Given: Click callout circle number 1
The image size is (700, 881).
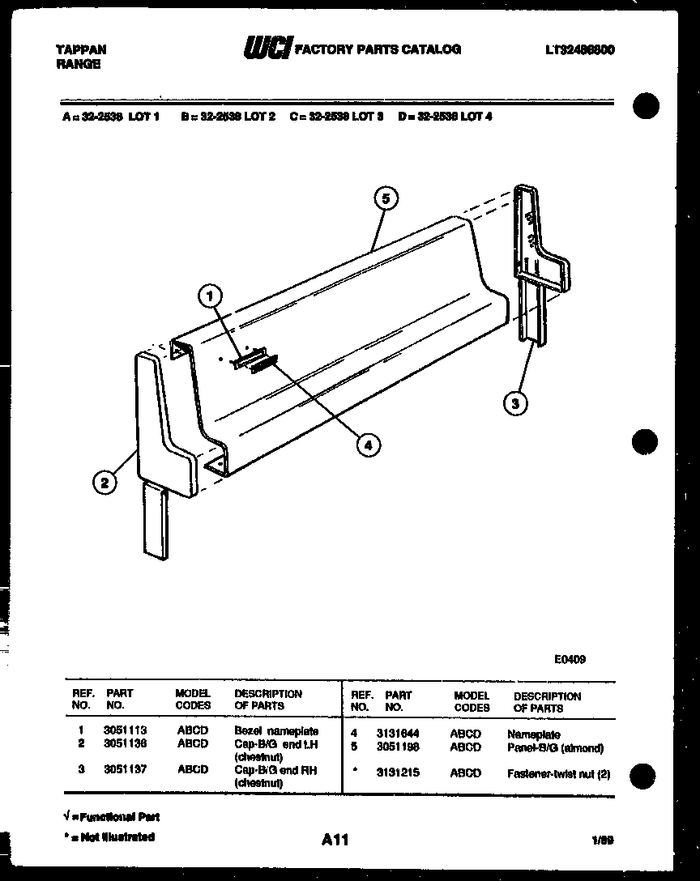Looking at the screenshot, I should [x=210, y=296].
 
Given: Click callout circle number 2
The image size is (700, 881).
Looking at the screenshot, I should [x=103, y=483].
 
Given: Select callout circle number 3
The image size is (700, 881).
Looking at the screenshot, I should [x=514, y=402].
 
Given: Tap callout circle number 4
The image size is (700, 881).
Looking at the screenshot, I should [x=367, y=444].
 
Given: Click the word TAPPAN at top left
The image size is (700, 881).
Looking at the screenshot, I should [x=80, y=49].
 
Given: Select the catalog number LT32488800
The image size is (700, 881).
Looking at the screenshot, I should [x=579, y=49].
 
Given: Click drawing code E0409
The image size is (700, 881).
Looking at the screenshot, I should [x=570, y=659].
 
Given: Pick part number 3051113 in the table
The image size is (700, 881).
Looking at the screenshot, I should [x=125, y=730].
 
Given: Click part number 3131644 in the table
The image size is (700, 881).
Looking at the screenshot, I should [x=398, y=734].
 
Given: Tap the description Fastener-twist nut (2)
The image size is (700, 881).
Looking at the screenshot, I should [x=558, y=774].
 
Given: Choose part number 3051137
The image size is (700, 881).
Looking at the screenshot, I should [x=125, y=770].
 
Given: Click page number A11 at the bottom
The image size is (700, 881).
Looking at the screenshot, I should [x=335, y=841].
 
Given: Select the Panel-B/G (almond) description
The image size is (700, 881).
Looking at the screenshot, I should [x=555, y=747].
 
